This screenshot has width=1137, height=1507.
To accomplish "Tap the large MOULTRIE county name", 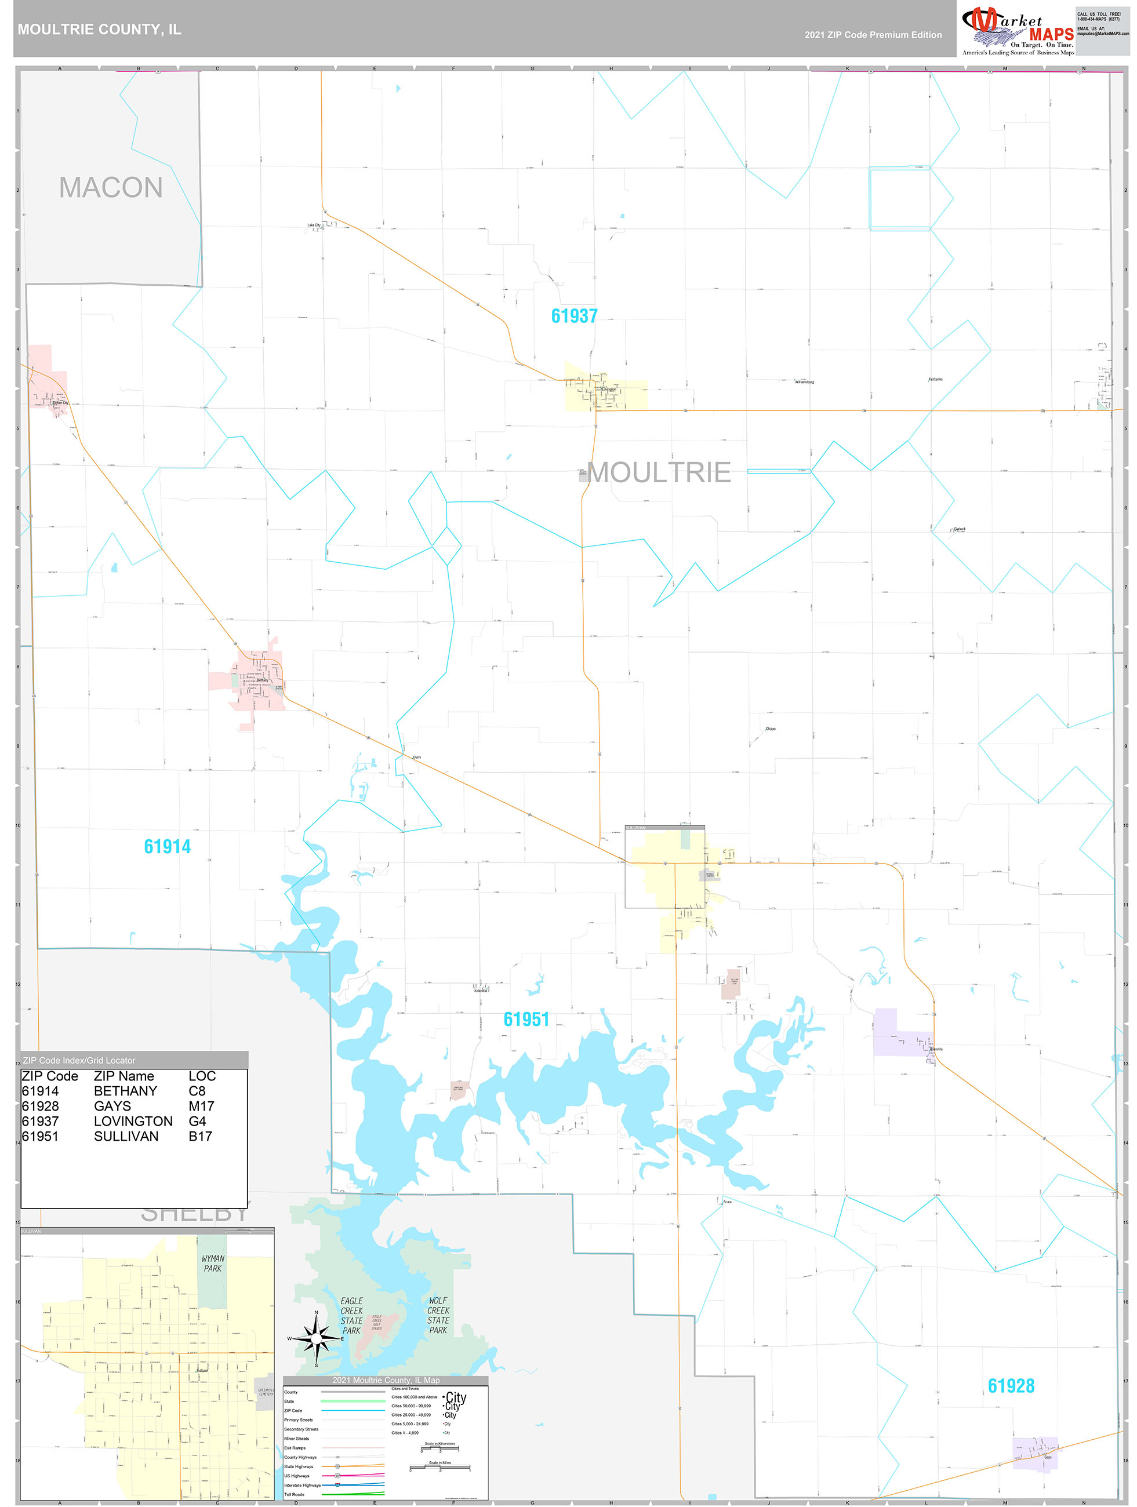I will [x=659, y=472].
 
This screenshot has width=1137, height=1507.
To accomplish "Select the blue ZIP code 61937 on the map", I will [x=574, y=315].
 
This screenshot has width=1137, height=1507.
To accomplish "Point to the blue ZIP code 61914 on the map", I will [x=167, y=846].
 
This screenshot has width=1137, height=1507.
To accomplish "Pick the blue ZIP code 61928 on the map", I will [x=1011, y=1385].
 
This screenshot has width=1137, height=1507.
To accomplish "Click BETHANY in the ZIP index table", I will [x=125, y=1091].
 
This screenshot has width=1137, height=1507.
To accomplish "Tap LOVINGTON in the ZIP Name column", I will [x=133, y=1121].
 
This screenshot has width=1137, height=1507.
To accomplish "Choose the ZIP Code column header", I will [x=50, y=1076].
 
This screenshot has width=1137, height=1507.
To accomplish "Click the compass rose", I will [x=315, y=1339].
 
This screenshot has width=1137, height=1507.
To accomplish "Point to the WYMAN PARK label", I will [x=213, y=1263].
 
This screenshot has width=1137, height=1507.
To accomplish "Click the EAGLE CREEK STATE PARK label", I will [x=352, y=1315].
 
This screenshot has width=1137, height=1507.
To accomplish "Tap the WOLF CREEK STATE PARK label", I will [x=438, y=1315].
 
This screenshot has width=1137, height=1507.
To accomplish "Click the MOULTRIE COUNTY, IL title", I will [x=100, y=30].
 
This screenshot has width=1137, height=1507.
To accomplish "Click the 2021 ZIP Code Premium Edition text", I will [x=873, y=35].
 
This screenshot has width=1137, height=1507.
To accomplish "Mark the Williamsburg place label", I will [x=804, y=382].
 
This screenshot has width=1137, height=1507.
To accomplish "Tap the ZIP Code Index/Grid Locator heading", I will [x=79, y=1060].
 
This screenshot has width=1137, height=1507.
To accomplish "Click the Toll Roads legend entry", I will [x=295, y=1494].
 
